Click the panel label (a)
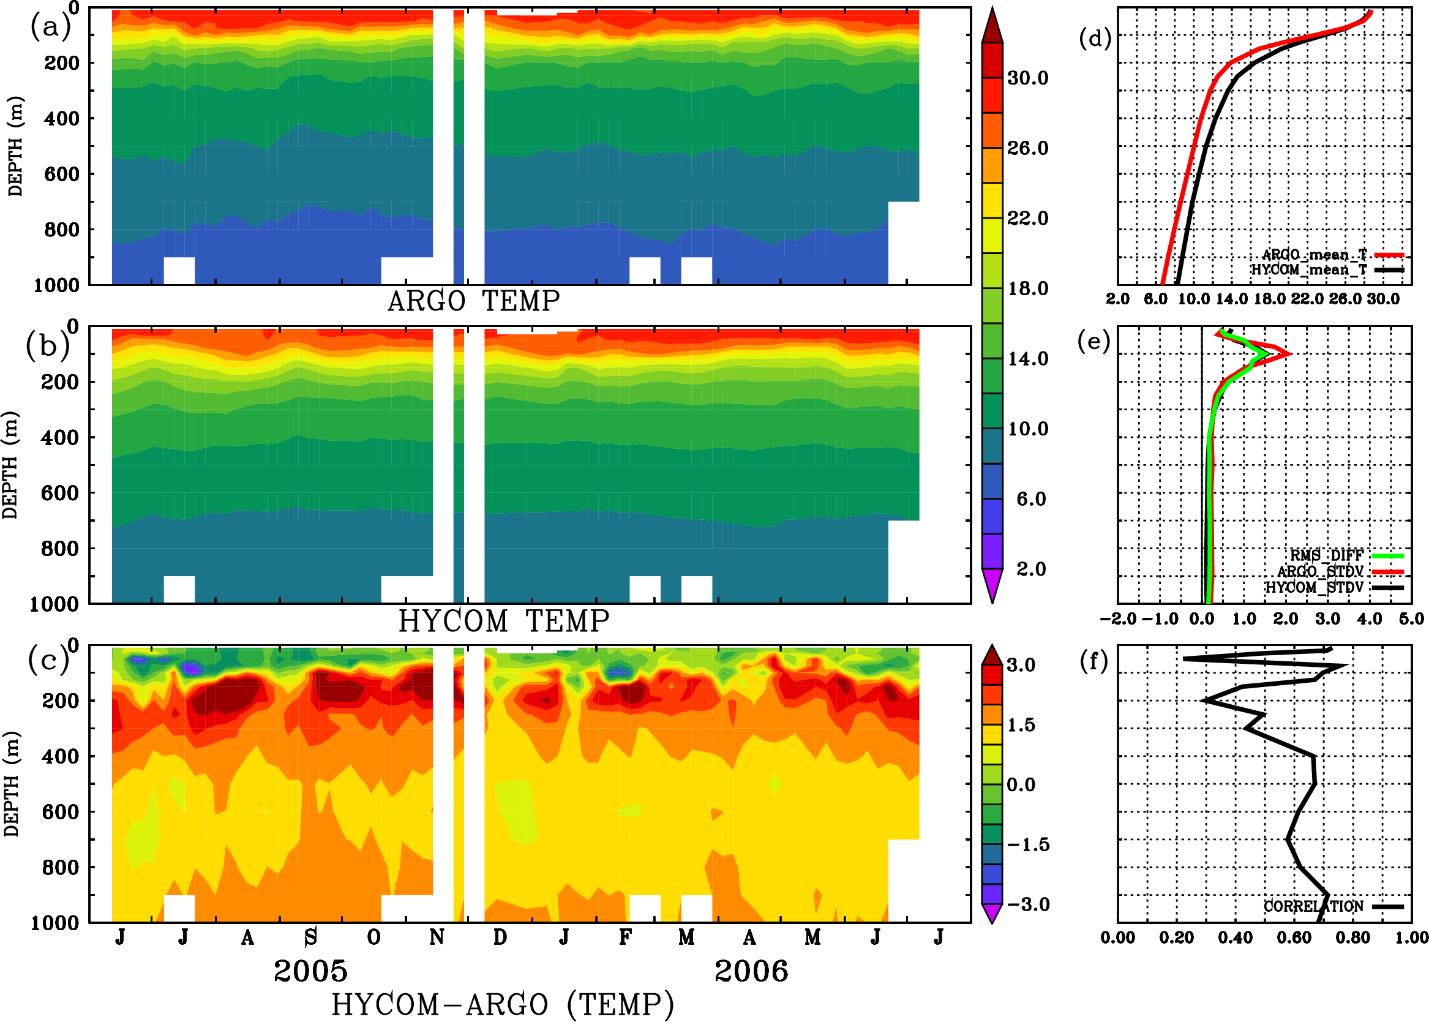click(x=50, y=27)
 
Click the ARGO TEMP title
click(x=473, y=301)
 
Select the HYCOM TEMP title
click(x=503, y=621)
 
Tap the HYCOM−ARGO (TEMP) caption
click(x=503, y=1004)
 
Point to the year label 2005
click(x=310, y=971)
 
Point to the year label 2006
click(x=751, y=971)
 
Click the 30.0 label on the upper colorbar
click(x=1027, y=78)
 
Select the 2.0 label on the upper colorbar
click(x=1030, y=569)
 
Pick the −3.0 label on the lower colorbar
click(x=1028, y=904)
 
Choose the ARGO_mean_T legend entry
click(x=1314, y=254)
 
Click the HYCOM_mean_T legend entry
click(x=1309, y=269)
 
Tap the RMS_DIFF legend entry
click(x=1326, y=555)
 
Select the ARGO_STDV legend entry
click(x=1320, y=571)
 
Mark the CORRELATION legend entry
click(x=1314, y=906)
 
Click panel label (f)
click(x=1093, y=661)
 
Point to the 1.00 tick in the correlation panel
click(x=1411, y=937)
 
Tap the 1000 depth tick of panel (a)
click(x=56, y=285)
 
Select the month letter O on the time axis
click(x=373, y=937)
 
